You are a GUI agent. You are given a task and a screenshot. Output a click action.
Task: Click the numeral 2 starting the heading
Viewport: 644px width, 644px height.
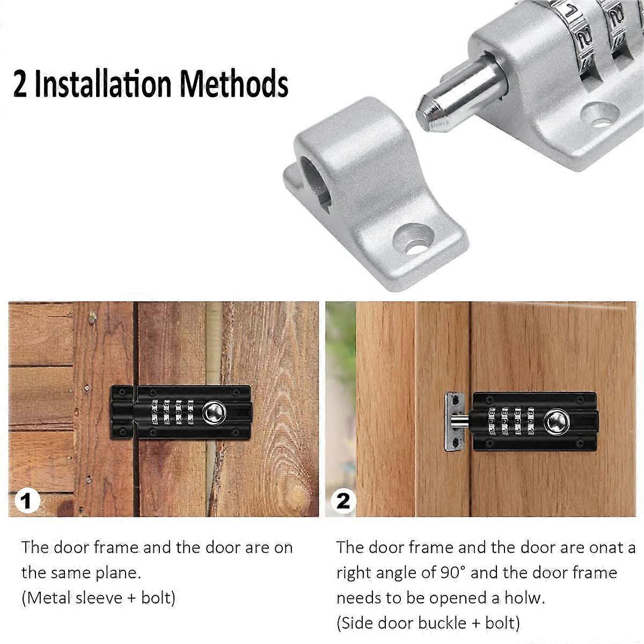click(x=20, y=84)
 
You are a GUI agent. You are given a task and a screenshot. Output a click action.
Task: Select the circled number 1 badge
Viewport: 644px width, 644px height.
click(x=27, y=502)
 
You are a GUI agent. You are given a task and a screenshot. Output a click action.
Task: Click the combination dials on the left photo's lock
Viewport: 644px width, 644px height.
click(x=172, y=412)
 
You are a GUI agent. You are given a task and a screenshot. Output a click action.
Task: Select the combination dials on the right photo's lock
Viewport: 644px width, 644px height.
click(x=510, y=421)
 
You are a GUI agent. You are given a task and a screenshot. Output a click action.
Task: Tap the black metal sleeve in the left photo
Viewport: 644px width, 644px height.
click(x=122, y=412)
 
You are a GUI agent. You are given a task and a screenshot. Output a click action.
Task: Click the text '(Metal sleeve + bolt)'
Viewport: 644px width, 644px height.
click(x=98, y=597)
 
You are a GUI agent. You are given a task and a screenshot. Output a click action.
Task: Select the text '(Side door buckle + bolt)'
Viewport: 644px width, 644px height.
click(x=428, y=623)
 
